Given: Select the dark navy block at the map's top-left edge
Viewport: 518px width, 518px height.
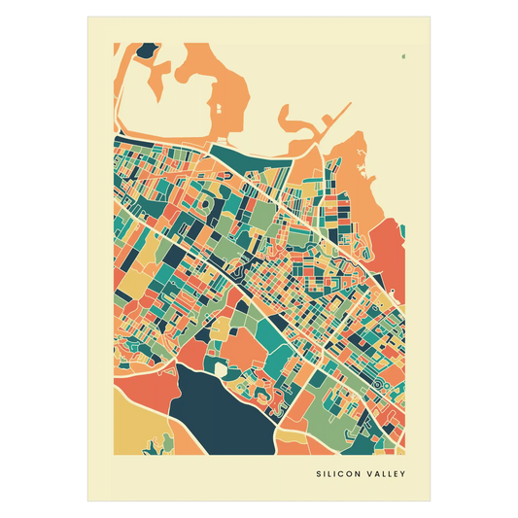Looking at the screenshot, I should point(147,50).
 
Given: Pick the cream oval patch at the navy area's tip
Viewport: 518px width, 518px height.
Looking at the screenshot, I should point(222,370).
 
